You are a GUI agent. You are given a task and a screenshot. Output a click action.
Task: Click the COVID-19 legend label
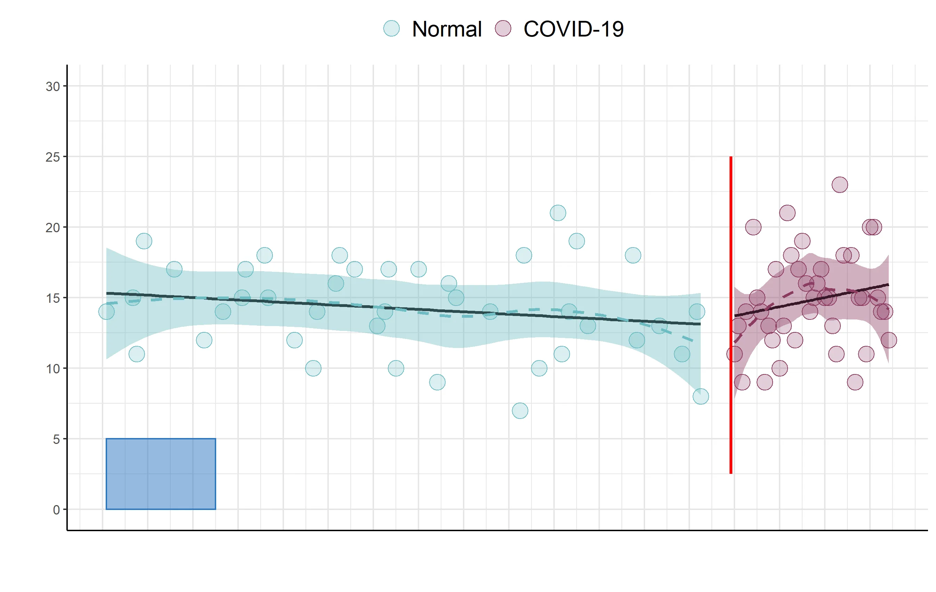[573, 29]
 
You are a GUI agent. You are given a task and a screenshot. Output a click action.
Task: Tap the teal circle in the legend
[391, 29]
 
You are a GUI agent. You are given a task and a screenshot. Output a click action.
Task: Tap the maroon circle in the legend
[503, 29]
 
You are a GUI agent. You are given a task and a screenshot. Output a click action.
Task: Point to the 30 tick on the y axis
[52, 86]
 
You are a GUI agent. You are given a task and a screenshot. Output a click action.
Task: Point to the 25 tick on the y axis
[52, 157]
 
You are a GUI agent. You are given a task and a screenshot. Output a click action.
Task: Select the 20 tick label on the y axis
[52, 227]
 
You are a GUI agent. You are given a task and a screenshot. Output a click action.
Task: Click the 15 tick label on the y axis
[52, 298]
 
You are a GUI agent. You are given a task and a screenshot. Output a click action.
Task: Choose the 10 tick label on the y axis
[52, 368]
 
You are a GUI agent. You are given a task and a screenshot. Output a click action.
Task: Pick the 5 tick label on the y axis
[56, 439]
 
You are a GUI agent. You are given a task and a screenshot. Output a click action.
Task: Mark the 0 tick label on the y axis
[56, 510]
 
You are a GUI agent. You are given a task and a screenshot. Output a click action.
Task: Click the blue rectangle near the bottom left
[161, 474]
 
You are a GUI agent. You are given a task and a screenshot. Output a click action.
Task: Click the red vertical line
[731, 315]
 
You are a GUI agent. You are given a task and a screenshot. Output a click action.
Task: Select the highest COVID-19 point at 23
[840, 185]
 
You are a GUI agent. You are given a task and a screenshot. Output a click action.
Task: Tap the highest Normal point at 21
[558, 213]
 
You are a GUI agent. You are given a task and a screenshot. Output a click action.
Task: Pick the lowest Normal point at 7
[520, 411]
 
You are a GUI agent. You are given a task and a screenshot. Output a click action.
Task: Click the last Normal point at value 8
[700, 397]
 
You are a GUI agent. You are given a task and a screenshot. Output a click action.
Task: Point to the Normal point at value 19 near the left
[144, 241]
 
